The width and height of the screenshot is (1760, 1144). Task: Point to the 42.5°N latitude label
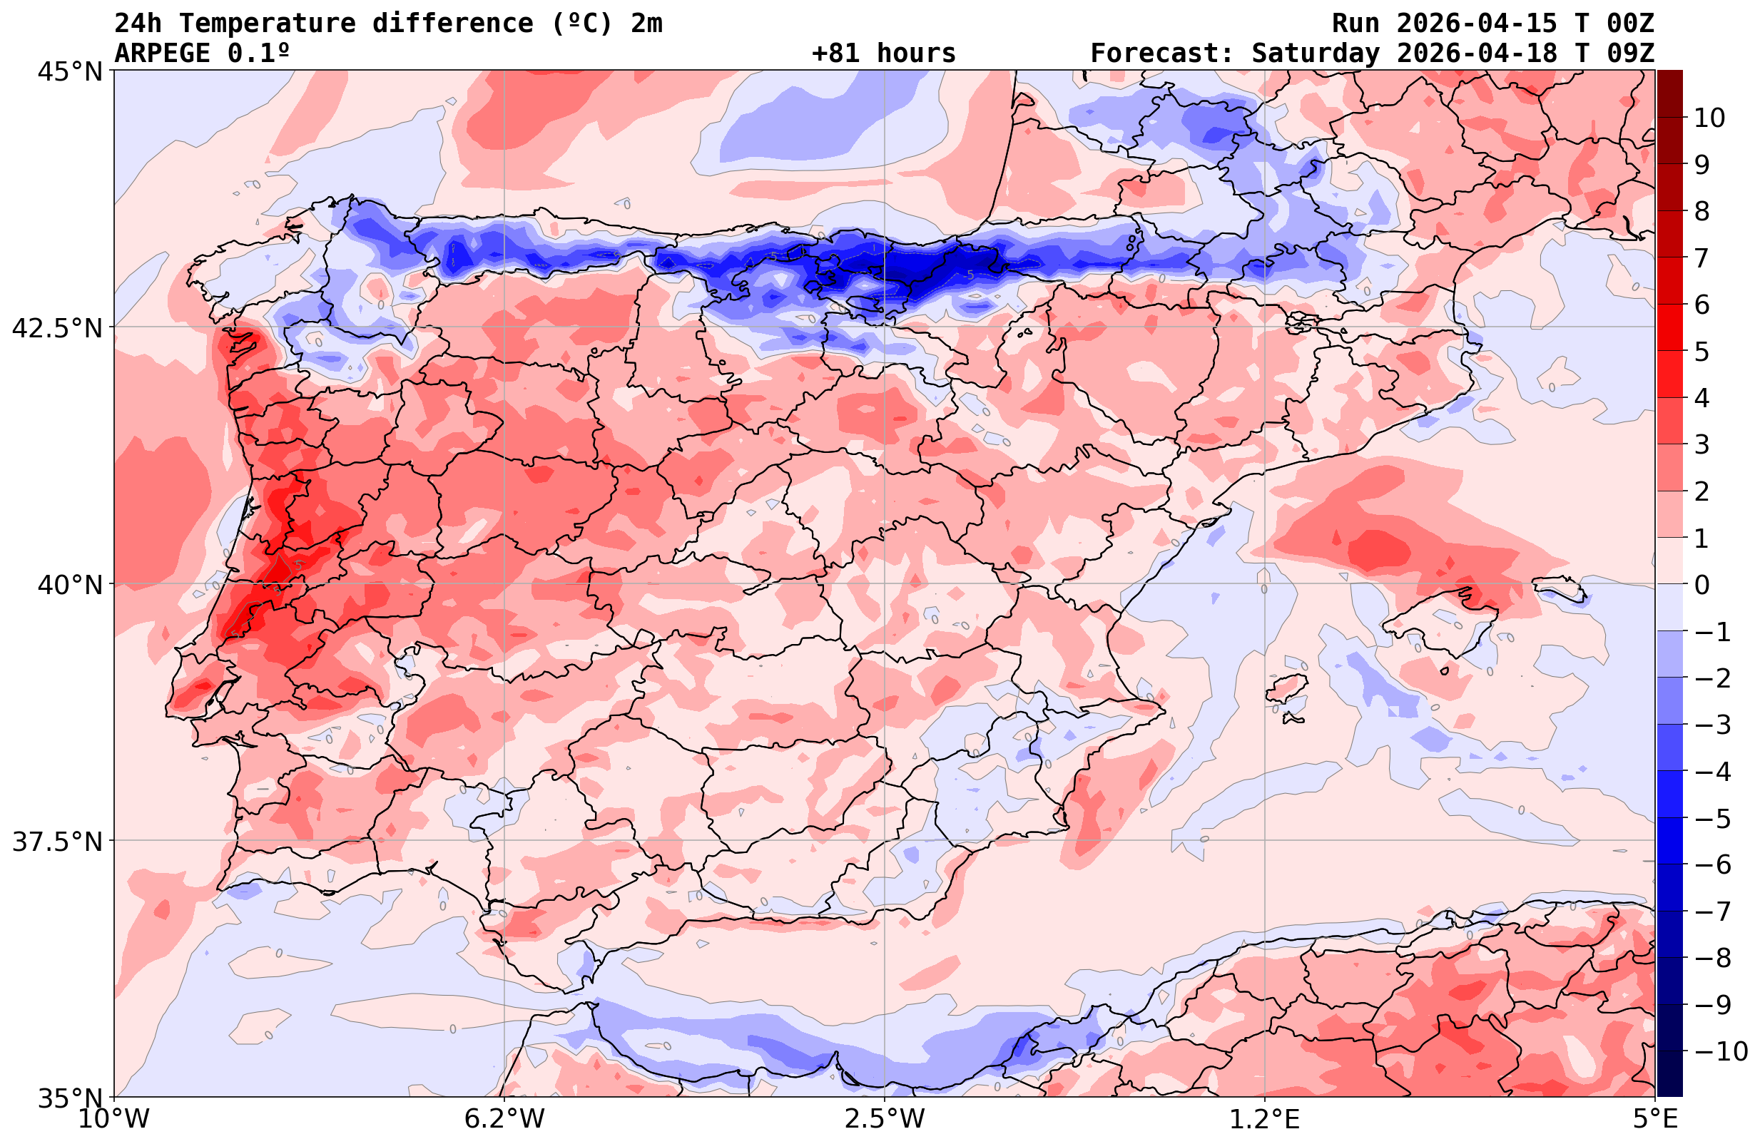click(57, 328)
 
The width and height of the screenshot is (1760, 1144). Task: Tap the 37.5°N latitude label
click(57, 842)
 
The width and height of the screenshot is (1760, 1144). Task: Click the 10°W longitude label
click(114, 1119)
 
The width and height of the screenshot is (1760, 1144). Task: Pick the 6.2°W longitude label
click(504, 1119)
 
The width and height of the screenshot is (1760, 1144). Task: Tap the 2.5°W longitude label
click(885, 1119)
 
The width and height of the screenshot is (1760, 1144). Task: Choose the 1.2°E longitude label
click(1265, 1119)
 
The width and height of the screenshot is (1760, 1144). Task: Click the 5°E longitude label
click(1655, 1119)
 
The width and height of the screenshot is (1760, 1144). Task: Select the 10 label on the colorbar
click(1710, 118)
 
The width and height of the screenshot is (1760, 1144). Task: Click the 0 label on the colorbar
click(1701, 585)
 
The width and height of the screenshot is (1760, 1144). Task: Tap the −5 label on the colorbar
click(1711, 818)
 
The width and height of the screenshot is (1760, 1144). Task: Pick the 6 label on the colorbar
click(1701, 305)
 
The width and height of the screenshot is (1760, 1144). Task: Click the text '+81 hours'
click(884, 53)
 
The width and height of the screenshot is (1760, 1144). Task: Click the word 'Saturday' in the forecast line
click(1316, 53)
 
